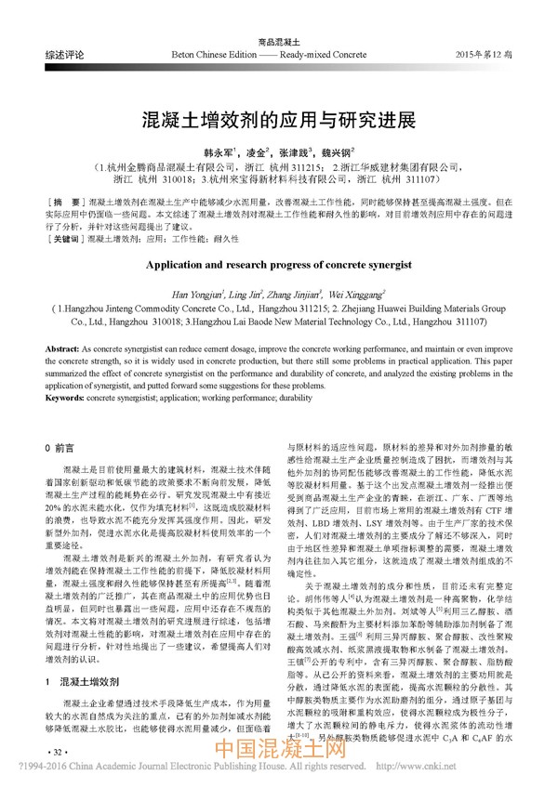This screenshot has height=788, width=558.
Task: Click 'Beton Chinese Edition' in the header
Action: [x=212, y=56]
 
